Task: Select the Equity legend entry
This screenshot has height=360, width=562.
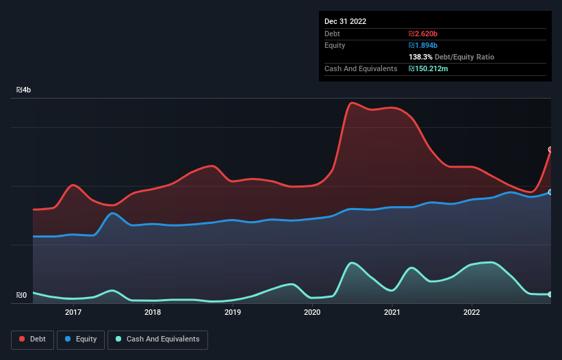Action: click(x=81, y=339)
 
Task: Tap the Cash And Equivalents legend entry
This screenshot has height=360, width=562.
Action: click(x=157, y=339)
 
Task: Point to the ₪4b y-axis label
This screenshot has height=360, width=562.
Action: click(x=23, y=90)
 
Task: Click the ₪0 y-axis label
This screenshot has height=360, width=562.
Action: click(x=22, y=296)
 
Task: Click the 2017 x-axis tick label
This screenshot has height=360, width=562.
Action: click(x=73, y=312)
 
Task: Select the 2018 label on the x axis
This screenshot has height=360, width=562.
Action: click(x=153, y=312)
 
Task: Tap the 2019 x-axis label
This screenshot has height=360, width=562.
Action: click(x=233, y=312)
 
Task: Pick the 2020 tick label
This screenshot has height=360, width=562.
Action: click(x=312, y=312)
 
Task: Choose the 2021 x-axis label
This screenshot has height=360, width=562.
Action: click(x=392, y=312)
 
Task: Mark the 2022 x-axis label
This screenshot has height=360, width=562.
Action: click(x=472, y=312)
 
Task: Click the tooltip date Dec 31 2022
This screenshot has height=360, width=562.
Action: click(x=345, y=21)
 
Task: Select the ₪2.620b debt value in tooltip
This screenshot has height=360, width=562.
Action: click(x=423, y=34)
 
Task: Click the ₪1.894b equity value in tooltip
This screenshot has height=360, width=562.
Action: click(x=423, y=45)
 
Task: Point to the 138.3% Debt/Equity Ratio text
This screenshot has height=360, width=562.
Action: click(x=451, y=57)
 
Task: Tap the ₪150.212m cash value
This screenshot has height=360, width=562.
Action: click(x=429, y=68)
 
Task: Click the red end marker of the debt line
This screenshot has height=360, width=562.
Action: click(x=550, y=149)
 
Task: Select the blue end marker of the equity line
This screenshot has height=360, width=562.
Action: click(x=550, y=192)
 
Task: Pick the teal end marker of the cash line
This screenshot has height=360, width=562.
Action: click(x=550, y=294)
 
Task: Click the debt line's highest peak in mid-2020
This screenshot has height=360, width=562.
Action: click(x=352, y=103)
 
